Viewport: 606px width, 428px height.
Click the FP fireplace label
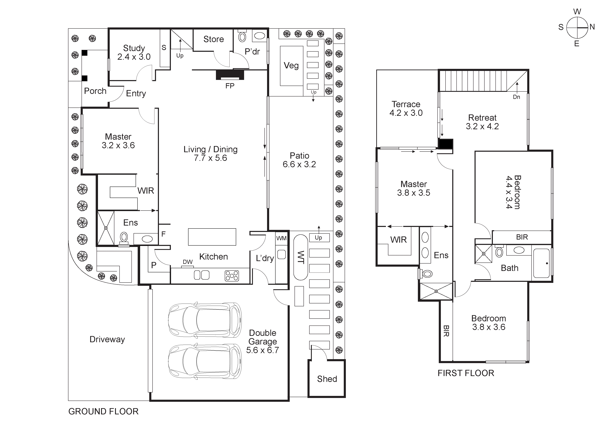point(230,86)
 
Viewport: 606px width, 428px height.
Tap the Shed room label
point(327,379)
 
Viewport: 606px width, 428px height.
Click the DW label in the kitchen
point(188,262)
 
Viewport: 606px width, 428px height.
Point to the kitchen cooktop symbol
point(232,276)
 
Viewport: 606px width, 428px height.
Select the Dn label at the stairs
point(516,97)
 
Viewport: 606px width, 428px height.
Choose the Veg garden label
point(291,65)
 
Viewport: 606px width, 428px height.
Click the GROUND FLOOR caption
point(103,411)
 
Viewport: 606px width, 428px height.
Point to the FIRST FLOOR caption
point(466,373)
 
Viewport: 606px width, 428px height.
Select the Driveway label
point(107,339)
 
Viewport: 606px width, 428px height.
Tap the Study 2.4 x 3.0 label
point(134,52)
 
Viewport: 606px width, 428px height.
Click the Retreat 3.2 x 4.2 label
point(482,122)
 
